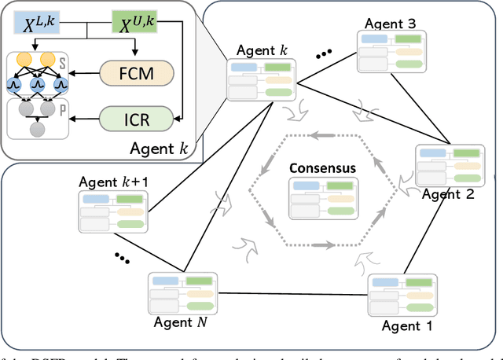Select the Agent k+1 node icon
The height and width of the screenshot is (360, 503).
pyautogui.click(x=109, y=211)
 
